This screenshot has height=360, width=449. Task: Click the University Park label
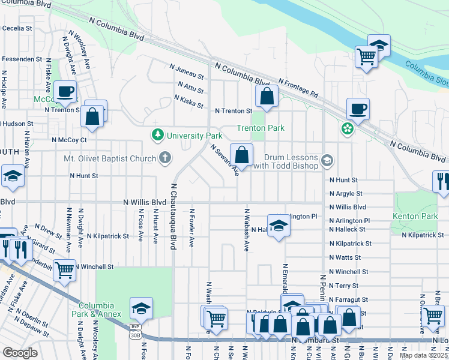click(194, 136)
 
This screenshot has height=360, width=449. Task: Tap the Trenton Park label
click(260, 128)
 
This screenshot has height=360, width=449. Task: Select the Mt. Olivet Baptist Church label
click(110, 159)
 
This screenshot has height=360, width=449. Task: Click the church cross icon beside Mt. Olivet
click(165, 158)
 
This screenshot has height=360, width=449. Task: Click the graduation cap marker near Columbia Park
click(142, 308)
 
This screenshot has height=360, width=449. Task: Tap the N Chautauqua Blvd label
click(173, 217)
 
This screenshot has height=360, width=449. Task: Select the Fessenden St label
click(22, 59)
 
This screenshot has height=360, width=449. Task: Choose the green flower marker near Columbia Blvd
click(346, 128)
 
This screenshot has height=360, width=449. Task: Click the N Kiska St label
click(189, 98)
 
